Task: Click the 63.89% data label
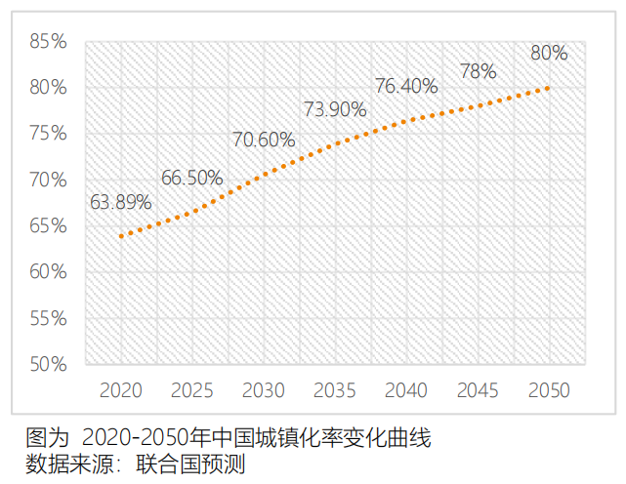(x=121, y=203)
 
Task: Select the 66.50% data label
(x=192, y=178)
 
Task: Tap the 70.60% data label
(x=264, y=140)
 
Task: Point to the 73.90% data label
(x=335, y=110)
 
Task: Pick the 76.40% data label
(x=406, y=86)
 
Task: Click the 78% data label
(x=479, y=71)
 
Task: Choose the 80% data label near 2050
(x=549, y=53)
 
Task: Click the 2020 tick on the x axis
(x=121, y=390)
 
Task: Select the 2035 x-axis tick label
(x=335, y=390)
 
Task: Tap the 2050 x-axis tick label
(x=549, y=390)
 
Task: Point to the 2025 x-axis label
(x=192, y=390)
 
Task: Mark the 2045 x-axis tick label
(x=478, y=390)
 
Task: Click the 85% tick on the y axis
(x=48, y=42)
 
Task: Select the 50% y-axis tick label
(x=48, y=365)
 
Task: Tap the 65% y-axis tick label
(x=48, y=226)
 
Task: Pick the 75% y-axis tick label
(x=48, y=134)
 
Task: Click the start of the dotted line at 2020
(x=121, y=236)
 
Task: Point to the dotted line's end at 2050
(x=549, y=87)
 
